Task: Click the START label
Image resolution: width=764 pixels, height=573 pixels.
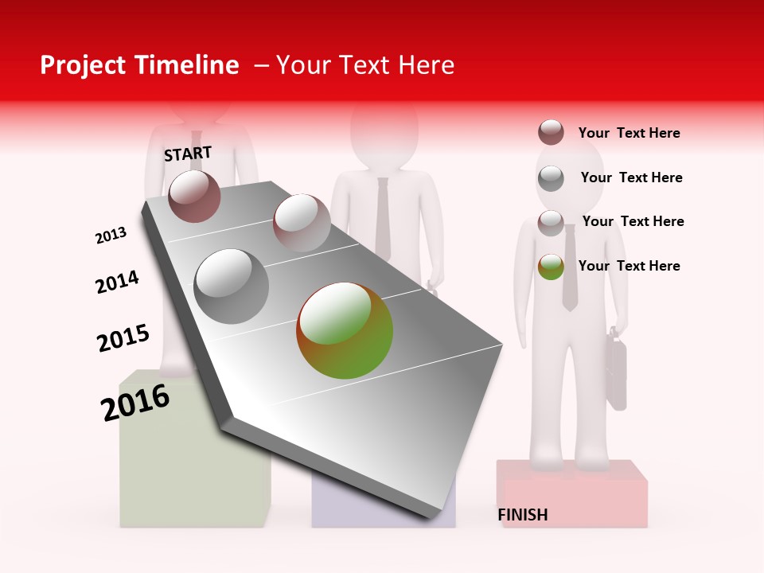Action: [x=188, y=154]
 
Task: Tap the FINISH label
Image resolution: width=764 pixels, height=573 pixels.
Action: [x=523, y=515]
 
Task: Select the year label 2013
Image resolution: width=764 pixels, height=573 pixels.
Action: [x=111, y=236]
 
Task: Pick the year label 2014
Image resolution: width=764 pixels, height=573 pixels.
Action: [x=117, y=282]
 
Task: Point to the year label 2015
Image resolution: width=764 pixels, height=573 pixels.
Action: [x=123, y=337]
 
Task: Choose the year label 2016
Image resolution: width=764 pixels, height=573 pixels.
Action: [x=135, y=403]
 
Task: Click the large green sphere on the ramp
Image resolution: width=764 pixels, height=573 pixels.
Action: [x=345, y=330]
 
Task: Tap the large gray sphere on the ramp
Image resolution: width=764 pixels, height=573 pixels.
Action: [x=232, y=286]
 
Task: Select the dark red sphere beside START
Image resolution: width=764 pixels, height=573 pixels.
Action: [x=194, y=196]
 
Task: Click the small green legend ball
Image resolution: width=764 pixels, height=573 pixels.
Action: [x=551, y=267]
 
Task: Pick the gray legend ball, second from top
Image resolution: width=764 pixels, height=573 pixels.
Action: [x=551, y=178]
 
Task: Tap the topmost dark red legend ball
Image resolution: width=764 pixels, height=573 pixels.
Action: [x=551, y=132]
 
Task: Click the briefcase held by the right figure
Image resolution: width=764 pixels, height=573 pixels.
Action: [x=617, y=374]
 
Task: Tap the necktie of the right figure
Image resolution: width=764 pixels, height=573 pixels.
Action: [x=569, y=267]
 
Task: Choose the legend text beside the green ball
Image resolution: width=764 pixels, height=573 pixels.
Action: [x=629, y=266]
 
